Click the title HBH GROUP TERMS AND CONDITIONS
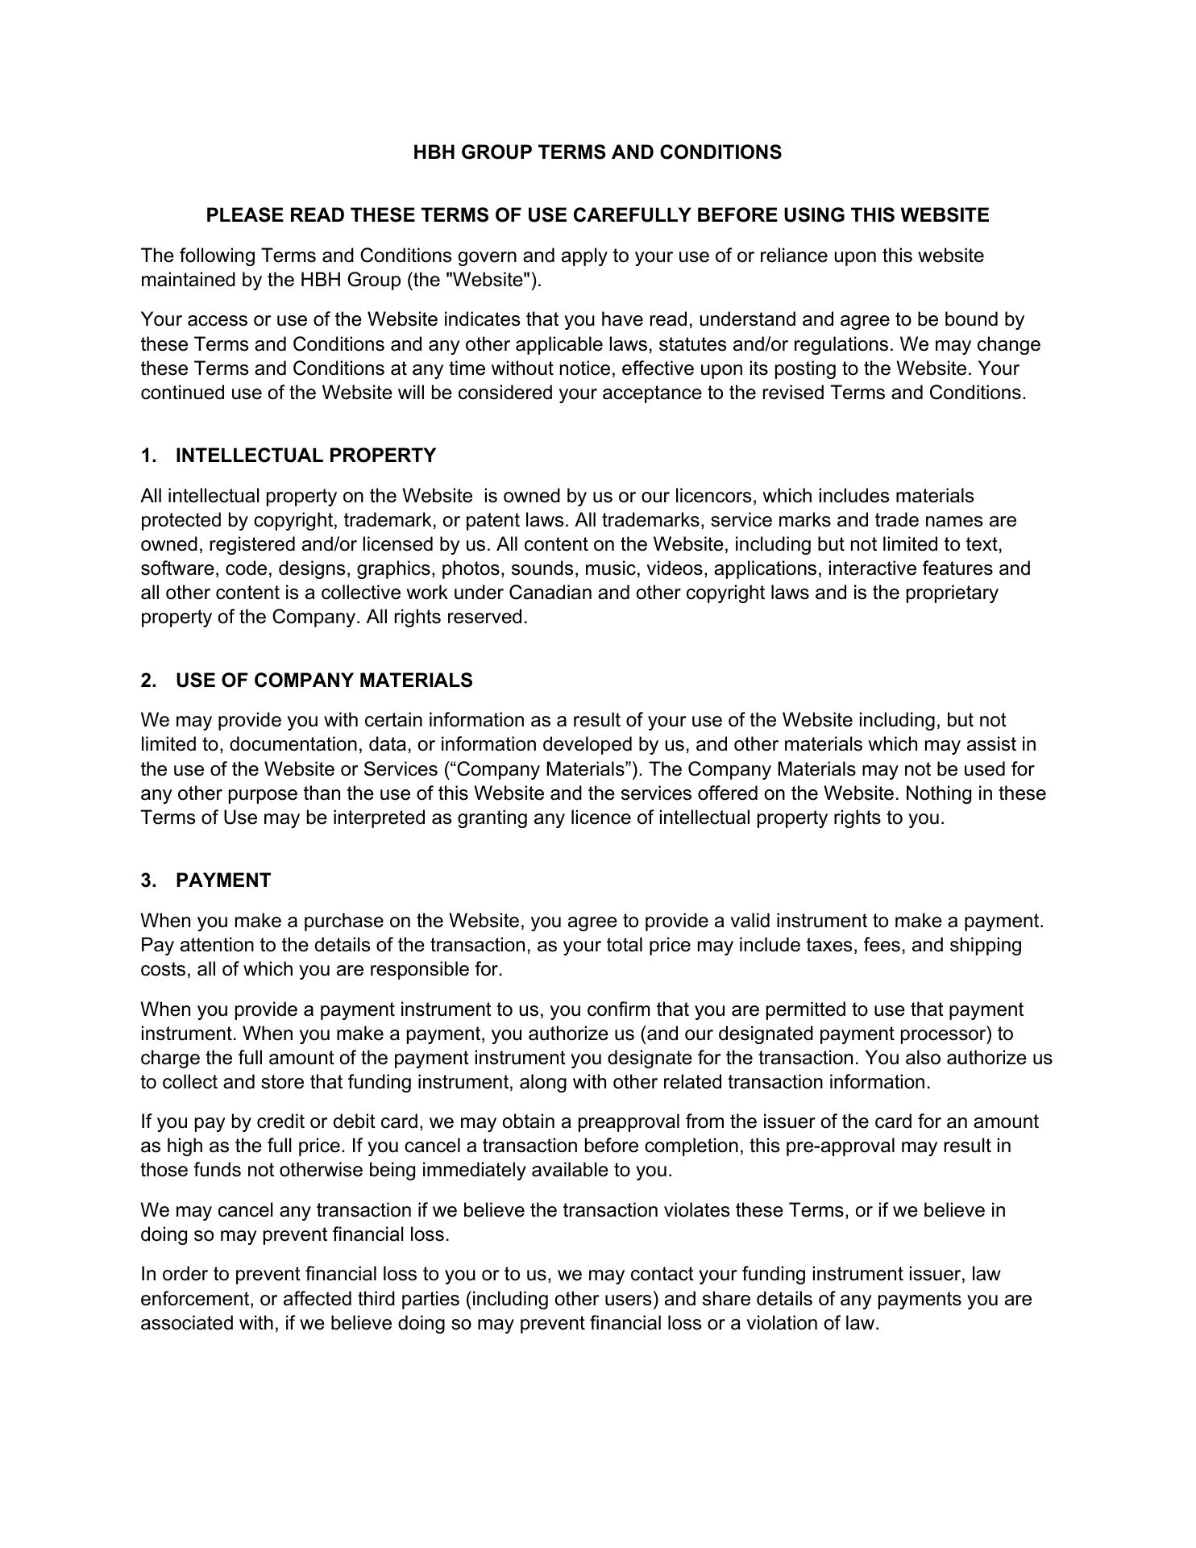[x=597, y=152]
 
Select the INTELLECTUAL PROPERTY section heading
[x=305, y=456]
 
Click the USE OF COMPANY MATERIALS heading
[x=324, y=680]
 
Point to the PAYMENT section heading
[x=223, y=880]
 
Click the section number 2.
[x=147, y=680]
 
